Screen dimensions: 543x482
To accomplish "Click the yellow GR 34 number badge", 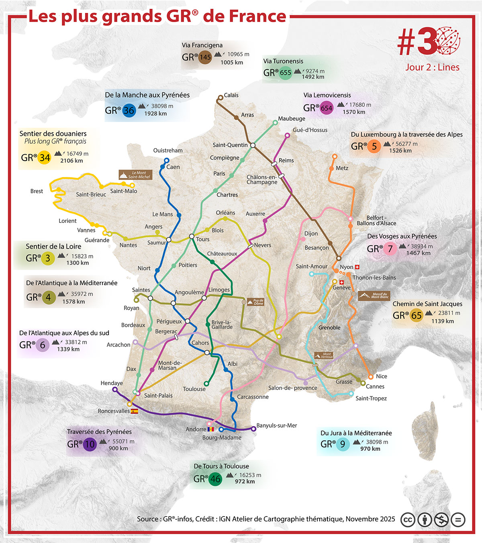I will coord(44,157).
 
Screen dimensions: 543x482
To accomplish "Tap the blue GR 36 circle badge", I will coord(129,110).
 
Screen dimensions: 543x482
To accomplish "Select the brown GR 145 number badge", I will coord(205,57).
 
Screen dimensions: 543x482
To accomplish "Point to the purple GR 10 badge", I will coord(90,444).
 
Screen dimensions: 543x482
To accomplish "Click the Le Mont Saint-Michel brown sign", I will coord(135,175).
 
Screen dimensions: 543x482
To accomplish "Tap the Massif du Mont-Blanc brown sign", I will coord(374,296).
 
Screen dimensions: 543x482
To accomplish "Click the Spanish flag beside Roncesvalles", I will coord(135,411).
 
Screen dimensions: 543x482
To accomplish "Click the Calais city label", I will coord(231,95).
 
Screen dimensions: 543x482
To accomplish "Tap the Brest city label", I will coord(37,191).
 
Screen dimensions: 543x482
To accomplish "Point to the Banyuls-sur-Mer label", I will coord(277,425).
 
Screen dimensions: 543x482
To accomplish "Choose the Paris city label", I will coord(219,174).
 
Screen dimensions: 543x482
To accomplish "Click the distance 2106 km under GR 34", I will coord(71,161).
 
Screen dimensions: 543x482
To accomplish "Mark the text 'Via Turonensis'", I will coord(283,61).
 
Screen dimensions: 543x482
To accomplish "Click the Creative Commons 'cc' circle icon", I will coord(408,520).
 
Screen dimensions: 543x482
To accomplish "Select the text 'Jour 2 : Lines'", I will coord(432,67).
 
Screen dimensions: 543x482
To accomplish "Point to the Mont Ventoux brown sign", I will coord(324,355).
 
